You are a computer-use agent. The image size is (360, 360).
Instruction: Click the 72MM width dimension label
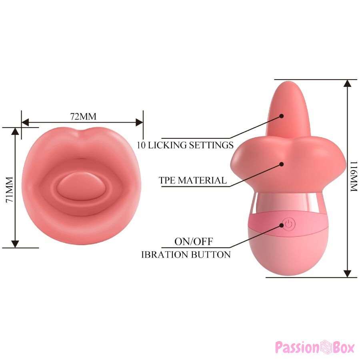(83, 116)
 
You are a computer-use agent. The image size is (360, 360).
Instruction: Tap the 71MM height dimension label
(10, 190)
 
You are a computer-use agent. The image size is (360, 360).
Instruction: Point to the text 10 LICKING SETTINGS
(185, 145)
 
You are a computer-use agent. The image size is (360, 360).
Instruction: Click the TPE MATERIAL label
(193, 180)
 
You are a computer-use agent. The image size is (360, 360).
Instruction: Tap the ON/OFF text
(194, 241)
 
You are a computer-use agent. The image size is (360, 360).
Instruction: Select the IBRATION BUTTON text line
(186, 255)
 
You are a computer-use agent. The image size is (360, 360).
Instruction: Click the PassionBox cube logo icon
(325, 347)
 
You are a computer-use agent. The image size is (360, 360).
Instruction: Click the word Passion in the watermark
(297, 347)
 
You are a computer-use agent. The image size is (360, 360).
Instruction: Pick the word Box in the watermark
(343, 347)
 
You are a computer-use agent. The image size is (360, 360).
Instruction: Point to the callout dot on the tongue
(282, 116)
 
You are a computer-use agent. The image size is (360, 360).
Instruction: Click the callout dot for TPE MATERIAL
(282, 164)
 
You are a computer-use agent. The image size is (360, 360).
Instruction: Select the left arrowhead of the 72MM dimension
(25, 122)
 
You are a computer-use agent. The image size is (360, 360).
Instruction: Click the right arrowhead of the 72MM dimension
(139, 122)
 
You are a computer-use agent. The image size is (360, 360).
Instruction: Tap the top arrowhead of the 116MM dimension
(348, 83)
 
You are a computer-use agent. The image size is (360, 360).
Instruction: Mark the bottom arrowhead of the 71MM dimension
(15, 244)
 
